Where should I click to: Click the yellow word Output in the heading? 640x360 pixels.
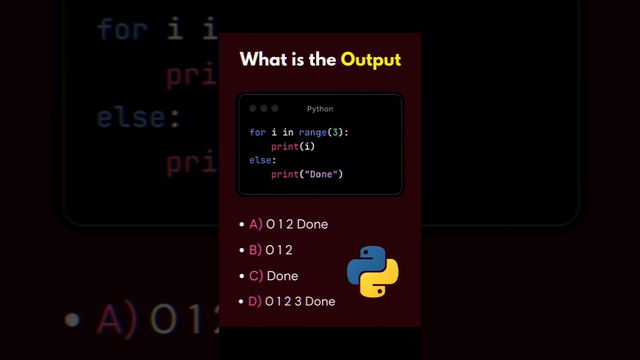[370, 59]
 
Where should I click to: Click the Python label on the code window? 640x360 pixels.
[320, 109]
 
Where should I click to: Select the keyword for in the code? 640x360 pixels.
[257, 132]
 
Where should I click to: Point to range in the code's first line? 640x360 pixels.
[312, 132]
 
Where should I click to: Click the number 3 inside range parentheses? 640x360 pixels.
[335, 132]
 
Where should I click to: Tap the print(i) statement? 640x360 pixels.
[293, 146]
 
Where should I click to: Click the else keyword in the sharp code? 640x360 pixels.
[260, 160]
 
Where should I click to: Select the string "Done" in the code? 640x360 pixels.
[321, 174]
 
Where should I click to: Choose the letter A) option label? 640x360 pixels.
[255, 224]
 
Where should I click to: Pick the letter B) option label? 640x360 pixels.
[255, 250]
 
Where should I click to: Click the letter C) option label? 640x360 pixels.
[256, 276]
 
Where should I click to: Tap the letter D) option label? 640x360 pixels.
[255, 301]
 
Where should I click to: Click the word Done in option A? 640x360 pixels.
[312, 224]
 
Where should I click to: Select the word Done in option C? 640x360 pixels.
[282, 276]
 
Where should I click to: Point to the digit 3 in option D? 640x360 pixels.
[298, 301]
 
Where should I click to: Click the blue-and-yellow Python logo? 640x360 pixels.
[372, 271]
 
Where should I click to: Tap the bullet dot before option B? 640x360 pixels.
[242, 250]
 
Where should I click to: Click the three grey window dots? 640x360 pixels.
[263, 109]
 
